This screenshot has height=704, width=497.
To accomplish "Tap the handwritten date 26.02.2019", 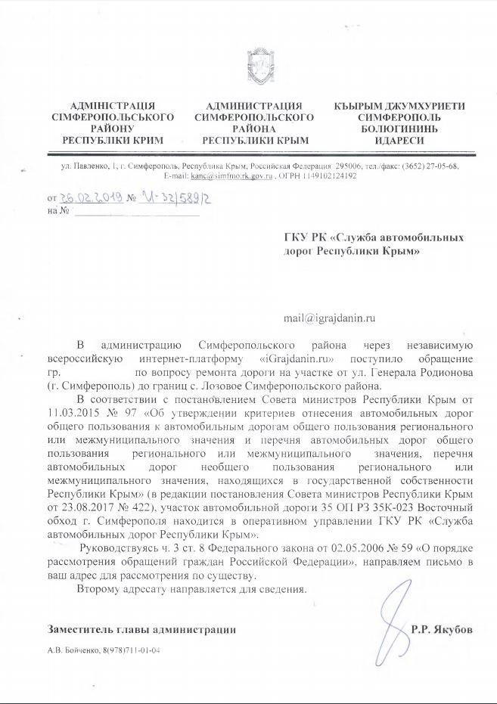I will [90, 197].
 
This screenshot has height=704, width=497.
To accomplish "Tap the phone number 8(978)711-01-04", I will [130, 650].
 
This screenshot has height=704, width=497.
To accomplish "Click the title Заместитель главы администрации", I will [141, 629].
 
